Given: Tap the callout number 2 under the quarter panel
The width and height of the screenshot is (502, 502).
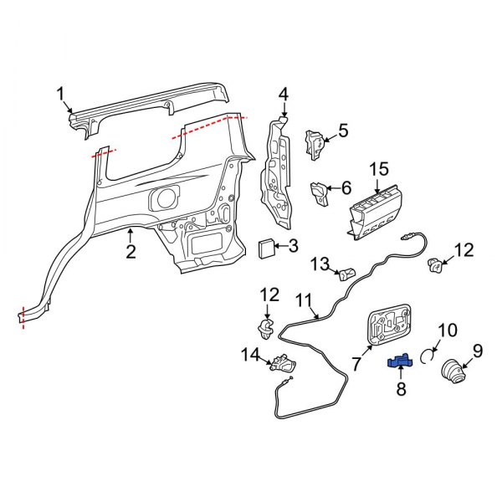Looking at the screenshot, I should (131, 251).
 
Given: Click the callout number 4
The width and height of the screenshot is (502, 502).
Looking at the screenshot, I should (283, 94).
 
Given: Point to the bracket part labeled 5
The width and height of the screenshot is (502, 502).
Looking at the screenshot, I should (316, 142).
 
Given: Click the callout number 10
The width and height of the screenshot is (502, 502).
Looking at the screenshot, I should (448, 330).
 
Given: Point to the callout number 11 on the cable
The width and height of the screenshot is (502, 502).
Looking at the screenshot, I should (303, 300).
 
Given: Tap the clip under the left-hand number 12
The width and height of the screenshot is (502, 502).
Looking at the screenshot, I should (268, 325).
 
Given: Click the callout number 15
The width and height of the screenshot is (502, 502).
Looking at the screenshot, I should (379, 170).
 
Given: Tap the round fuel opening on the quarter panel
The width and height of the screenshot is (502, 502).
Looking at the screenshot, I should (164, 199).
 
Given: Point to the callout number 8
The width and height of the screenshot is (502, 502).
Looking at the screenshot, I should (400, 388).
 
